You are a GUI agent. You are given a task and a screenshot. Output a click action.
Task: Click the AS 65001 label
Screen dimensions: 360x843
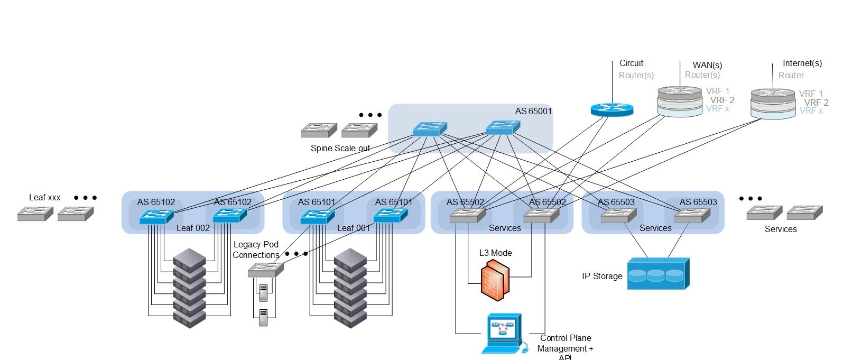[x=533, y=111]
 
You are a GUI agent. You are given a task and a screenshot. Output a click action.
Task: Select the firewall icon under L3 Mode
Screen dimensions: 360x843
[x=495, y=281]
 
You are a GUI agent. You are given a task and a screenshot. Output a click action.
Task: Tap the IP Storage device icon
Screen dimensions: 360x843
[x=658, y=274]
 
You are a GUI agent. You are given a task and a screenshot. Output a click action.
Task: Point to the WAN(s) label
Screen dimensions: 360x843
[x=707, y=65]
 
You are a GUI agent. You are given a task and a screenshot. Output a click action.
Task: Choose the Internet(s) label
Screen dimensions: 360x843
[x=802, y=63]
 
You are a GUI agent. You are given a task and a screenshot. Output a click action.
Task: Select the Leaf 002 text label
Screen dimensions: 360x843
[x=193, y=228]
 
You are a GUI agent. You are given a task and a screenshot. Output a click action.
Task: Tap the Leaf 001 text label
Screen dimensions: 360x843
[x=354, y=228]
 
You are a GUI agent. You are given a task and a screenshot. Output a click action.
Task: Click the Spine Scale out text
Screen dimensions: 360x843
[x=340, y=148]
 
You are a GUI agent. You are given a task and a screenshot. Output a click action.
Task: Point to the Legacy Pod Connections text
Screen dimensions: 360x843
[x=256, y=250]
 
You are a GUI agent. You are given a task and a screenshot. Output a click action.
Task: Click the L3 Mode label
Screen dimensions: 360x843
[x=495, y=253]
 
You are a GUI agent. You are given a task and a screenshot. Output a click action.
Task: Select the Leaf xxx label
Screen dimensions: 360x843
[x=44, y=197]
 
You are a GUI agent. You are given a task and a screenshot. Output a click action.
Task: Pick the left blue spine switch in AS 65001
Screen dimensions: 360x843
[x=430, y=129]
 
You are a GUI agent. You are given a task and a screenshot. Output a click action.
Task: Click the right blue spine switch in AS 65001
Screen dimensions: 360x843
[x=503, y=127]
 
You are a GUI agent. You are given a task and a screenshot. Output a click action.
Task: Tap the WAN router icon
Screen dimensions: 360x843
[x=680, y=101]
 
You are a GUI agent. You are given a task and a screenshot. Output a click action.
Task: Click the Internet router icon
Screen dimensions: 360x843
[x=773, y=104]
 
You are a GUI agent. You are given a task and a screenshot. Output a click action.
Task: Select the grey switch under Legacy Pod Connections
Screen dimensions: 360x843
[x=265, y=270]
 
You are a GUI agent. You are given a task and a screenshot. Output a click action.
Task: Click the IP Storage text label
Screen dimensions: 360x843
[x=602, y=276]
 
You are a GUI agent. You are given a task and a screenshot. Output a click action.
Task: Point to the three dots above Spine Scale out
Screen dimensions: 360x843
[x=370, y=115]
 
